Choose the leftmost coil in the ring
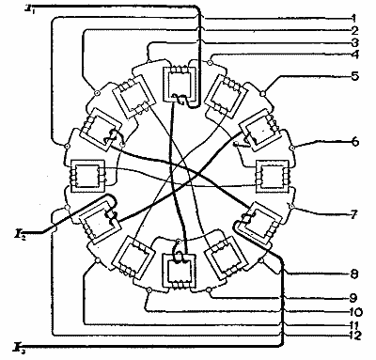(x=86, y=176)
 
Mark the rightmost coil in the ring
(x=275, y=176)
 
